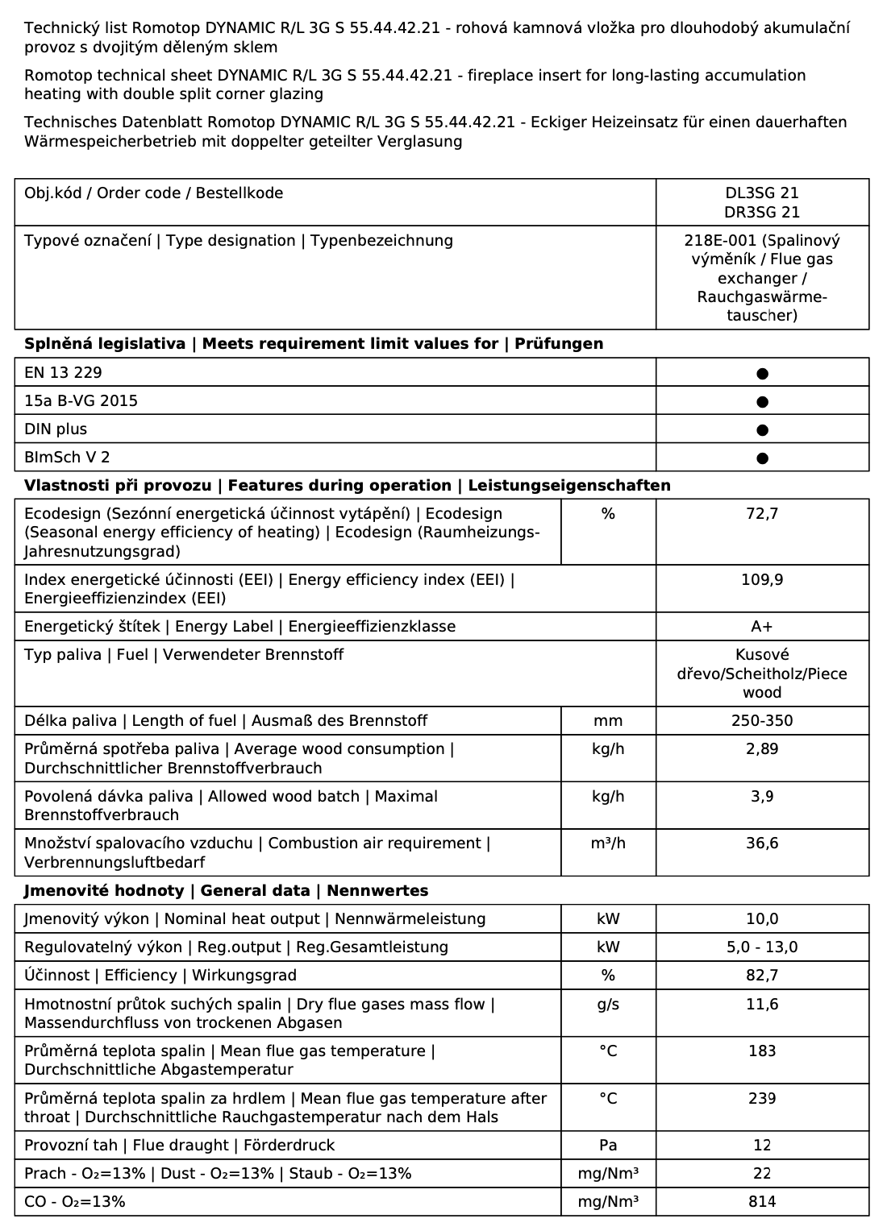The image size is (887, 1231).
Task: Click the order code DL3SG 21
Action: pos(762,193)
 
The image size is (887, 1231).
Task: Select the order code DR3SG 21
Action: pos(762,213)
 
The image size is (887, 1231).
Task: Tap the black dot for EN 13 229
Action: pos(763,374)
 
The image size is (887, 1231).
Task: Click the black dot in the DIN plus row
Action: pos(763,430)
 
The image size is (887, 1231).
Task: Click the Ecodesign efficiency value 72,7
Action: pos(762,514)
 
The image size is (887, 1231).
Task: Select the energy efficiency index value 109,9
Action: pos(762,580)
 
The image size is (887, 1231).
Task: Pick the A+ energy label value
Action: pos(762,627)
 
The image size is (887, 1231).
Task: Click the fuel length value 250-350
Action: pos(762,721)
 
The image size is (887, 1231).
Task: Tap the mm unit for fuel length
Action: pos(608,721)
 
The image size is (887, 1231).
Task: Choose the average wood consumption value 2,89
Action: pos(762,749)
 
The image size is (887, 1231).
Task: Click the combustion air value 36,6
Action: pos(762,843)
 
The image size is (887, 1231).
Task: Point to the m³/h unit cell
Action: pos(608,843)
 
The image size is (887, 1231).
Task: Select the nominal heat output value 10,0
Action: pos(762,919)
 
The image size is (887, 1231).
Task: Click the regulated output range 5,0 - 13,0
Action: pos(762,947)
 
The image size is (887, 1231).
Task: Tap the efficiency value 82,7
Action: pos(762,976)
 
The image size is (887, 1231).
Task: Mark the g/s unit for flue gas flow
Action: pos(608,1005)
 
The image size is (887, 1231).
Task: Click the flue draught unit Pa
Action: pos(608,1146)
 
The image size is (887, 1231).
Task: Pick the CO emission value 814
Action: pos(762,1202)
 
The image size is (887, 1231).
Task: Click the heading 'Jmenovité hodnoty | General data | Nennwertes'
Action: pos(226,891)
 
